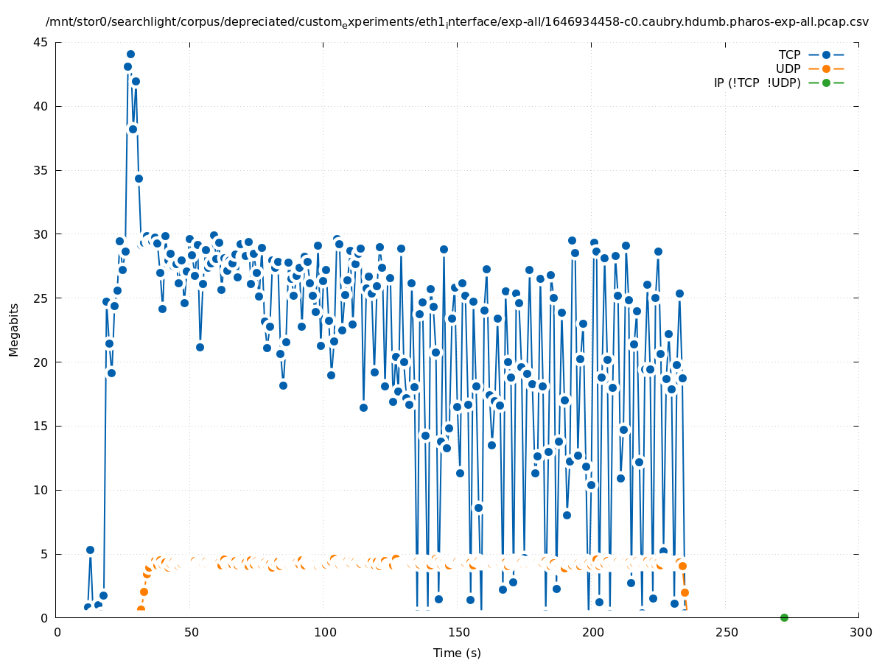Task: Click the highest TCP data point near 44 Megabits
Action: [x=130, y=55]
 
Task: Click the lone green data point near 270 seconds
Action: [x=784, y=617]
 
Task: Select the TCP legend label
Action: [x=789, y=55]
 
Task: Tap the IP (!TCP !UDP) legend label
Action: [x=757, y=83]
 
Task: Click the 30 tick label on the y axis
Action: [x=41, y=234]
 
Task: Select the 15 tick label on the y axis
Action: [x=41, y=426]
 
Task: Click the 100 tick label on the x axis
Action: [x=325, y=632]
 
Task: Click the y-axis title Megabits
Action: [x=14, y=330]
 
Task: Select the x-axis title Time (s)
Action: [x=457, y=653]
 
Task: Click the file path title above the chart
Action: [x=457, y=22]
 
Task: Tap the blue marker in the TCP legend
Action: [x=826, y=55]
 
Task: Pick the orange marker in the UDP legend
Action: [x=826, y=69]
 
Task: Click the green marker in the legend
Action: [x=826, y=83]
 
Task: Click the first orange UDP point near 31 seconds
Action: [x=141, y=610]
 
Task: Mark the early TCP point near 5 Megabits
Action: [x=90, y=550]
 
